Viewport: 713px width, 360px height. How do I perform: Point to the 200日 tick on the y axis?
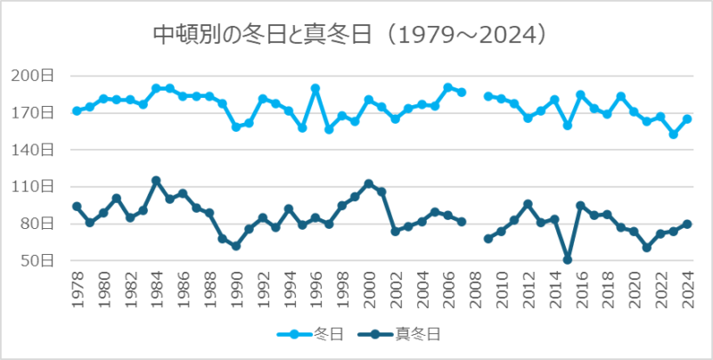tap(38, 76)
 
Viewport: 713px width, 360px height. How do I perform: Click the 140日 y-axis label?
tap(38, 150)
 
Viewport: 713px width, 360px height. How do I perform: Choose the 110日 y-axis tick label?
tap(38, 186)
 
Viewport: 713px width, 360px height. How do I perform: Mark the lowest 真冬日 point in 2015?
tap(568, 259)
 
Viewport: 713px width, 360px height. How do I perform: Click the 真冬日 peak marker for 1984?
tap(156, 181)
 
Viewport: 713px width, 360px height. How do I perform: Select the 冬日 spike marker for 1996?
tap(316, 88)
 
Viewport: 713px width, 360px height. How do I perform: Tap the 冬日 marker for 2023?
tap(674, 134)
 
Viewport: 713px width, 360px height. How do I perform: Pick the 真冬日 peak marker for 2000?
tap(369, 184)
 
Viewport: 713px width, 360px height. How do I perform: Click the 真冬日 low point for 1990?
tap(236, 246)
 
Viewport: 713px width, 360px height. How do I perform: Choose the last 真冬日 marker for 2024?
tap(687, 225)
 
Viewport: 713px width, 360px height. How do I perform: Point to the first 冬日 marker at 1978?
tap(77, 111)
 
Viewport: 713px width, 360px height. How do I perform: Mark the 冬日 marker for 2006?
tap(448, 88)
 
